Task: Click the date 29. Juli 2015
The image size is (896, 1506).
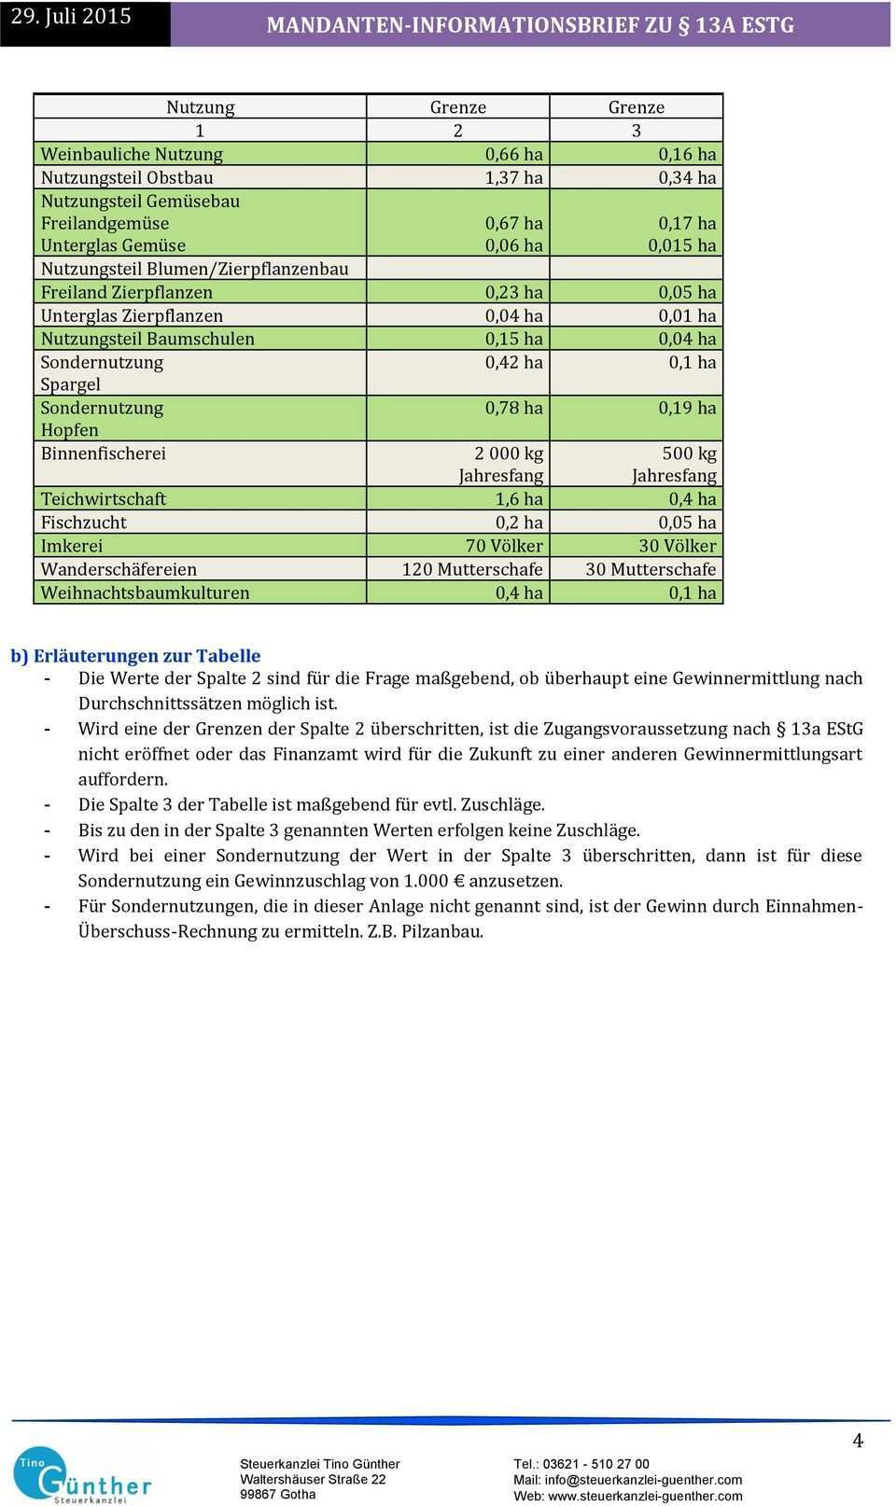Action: coord(71,17)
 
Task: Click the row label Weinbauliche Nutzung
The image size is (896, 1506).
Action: coord(132,154)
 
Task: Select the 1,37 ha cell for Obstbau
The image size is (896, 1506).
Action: coord(513,177)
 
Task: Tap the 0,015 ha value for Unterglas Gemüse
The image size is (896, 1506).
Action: coord(682,245)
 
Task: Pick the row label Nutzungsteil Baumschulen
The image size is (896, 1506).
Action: coord(147,339)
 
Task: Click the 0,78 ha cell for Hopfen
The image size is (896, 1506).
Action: coord(513,408)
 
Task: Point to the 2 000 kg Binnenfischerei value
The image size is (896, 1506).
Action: coord(509,453)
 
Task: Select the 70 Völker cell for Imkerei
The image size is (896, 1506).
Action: coord(504,546)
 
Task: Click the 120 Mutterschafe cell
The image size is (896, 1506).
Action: coord(472,569)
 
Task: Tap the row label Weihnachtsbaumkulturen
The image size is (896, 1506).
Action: coord(145,593)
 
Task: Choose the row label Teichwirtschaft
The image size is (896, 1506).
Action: coord(104,499)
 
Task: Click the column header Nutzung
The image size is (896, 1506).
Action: coord(200,107)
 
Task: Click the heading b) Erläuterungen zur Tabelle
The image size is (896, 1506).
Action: coord(136,656)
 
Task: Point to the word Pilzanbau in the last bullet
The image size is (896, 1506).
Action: coord(441,931)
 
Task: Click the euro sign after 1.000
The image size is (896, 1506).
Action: coord(457,881)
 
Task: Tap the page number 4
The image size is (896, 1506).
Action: coord(858,1441)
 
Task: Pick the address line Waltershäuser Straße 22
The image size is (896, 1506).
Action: coord(313,1479)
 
